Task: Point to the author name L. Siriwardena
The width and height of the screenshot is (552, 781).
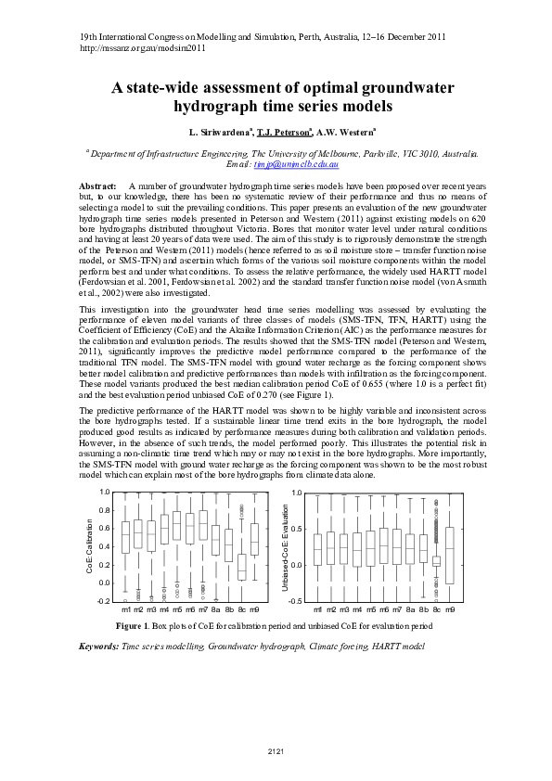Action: coord(219,134)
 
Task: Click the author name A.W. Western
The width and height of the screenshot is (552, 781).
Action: coord(347,134)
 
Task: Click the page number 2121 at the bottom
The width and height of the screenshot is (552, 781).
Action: coord(276,750)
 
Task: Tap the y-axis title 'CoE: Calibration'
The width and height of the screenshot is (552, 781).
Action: coord(89,545)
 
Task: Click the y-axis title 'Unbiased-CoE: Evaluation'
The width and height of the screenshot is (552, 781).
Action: coord(286,545)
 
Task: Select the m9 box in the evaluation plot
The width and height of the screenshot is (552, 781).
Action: coord(451,556)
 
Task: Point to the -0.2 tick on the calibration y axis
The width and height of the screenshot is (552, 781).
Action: coord(103,601)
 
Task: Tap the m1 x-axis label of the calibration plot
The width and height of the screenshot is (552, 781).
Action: coord(125,610)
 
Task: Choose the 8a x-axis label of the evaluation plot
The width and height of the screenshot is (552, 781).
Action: coord(410,610)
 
